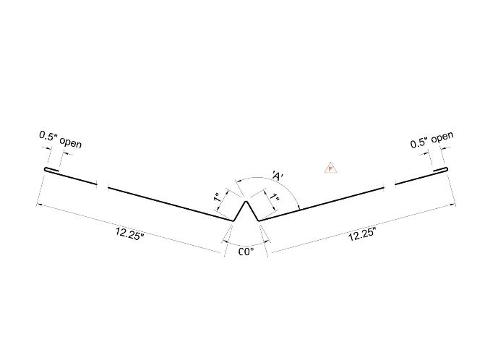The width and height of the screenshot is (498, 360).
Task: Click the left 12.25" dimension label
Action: (x=129, y=233)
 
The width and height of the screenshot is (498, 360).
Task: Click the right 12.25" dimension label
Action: (x=362, y=234)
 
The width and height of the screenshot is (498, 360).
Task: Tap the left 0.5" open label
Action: (x=60, y=140)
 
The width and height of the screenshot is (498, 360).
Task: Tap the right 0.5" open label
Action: (x=432, y=140)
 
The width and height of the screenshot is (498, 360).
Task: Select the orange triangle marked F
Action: (x=330, y=168)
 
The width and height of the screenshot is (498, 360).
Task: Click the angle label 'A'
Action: (x=278, y=176)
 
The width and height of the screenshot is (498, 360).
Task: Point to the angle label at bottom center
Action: (x=246, y=252)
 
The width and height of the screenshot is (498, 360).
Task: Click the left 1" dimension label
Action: (x=218, y=197)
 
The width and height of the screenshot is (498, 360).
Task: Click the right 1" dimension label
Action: (x=275, y=197)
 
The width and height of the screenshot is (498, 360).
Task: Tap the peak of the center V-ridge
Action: (x=246, y=202)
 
